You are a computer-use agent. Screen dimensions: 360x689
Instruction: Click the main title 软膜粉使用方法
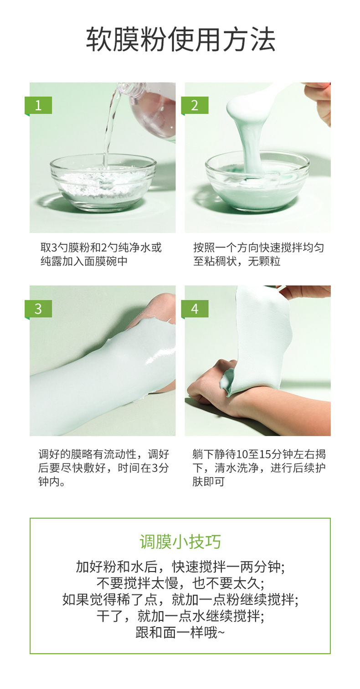(180, 40)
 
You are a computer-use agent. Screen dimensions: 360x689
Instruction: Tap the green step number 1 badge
(38, 106)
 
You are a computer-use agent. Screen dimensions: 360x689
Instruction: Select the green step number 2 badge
(195, 106)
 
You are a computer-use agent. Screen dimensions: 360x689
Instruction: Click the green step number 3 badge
(38, 309)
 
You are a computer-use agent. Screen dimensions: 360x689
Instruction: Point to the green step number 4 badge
(195, 309)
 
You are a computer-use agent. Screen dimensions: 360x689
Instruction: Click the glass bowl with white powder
(103, 183)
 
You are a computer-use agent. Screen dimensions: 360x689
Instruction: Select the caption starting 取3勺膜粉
(101, 254)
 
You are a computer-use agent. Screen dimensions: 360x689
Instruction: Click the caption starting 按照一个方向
(258, 254)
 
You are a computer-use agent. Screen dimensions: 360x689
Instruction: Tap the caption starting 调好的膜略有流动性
(104, 468)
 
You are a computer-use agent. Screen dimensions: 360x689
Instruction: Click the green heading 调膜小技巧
(180, 542)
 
